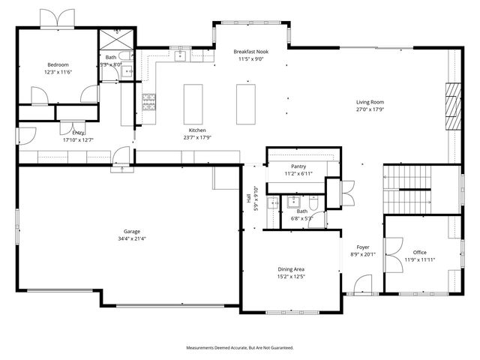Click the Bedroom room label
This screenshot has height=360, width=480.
pos(58,65)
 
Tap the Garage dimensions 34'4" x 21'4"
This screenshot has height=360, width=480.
pos(131,239)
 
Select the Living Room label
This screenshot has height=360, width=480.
pos(370,101)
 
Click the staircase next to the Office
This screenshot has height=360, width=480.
pos(409,189)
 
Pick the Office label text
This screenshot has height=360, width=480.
pos(419,253)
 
